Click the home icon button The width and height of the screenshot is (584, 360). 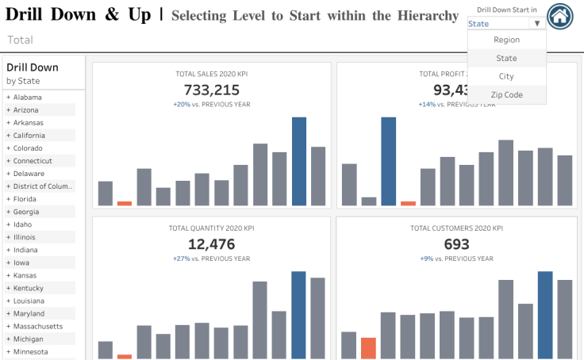pyautogui.click(x=560, y=16)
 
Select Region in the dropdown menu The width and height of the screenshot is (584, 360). pyautogui.click(x=506, y=40)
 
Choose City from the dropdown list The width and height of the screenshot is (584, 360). pyautogui.click(x=506, y=76)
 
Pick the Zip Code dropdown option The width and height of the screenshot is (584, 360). pyautogui.click(x=506, y=94)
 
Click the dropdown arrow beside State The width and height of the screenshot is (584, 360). pyautogui.click(x=537, y=24)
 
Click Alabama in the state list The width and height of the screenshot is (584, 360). pyautogui.click(x=27, y=98)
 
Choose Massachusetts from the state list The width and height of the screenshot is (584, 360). pyautogui.click(x=38, y=326)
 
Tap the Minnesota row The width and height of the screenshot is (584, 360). pyautogui.click(x=30, y=351)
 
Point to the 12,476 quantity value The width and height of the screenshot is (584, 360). pyautogui.click(x=211, y=244)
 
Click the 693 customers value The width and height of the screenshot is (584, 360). pyautogui.click(x=456, y=244)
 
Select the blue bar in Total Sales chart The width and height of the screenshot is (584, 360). pyautogui.click(x=299, y=162)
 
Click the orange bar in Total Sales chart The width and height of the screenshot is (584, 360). pyautogui.click(x=125, y=203)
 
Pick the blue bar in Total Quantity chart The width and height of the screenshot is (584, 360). pyautogui.click(x=299, y=315)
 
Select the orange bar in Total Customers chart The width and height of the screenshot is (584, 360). pyautogui.click(x=368, y=348)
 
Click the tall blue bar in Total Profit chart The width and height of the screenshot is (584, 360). pyautogui.click(x=388, y=162)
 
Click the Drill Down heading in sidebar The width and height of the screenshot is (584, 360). pyautogui.click(x=33, y=67)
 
